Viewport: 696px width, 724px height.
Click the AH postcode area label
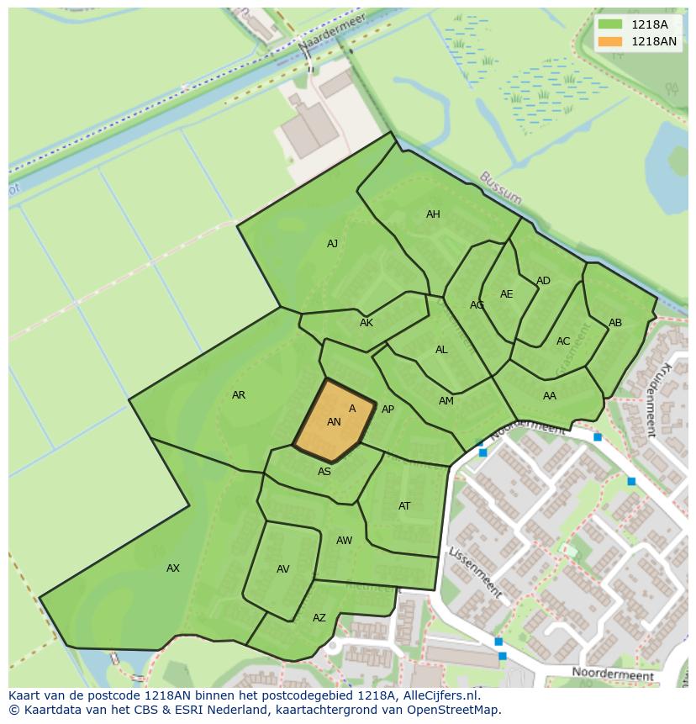(433, 214)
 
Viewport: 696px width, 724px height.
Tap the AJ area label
(332, 244)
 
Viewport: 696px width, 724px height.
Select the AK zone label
(366, 323)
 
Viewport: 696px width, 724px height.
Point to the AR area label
(239, 395)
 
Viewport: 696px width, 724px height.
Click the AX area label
(173, 568)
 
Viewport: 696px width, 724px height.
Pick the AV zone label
(283, 569)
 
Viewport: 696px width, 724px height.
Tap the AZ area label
(319, 618)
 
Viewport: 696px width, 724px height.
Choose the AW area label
(344, 541)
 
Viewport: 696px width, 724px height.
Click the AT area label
(404, 506)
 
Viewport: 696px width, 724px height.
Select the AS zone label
(324, 472)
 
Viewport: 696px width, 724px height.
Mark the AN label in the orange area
(334, 422)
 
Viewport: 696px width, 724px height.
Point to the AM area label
(446, 401)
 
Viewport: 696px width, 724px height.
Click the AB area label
(615, 323)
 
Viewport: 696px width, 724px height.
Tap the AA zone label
(550, 396)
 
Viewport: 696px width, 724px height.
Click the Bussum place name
(500, 188)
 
